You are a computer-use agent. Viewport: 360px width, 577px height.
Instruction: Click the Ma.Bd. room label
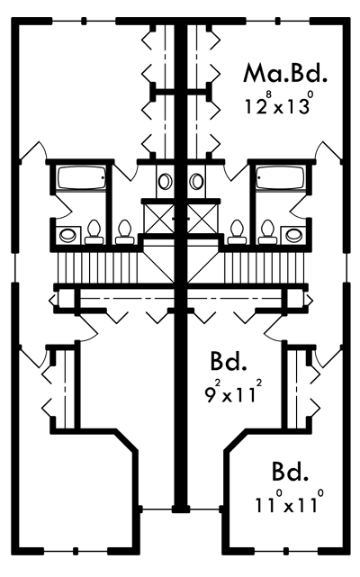pos(284,73)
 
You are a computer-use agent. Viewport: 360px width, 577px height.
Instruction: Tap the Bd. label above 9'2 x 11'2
pos(229,361)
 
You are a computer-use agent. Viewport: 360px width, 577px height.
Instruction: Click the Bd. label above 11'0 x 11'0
pos(290,472)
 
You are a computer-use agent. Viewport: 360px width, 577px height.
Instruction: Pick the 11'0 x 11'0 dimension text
pos(290,502)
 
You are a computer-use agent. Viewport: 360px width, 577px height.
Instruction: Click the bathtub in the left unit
pos(81,177)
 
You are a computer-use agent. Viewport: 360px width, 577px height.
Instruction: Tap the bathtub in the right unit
pos(281,177)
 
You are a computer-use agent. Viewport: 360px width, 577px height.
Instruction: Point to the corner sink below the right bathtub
pos(293,234)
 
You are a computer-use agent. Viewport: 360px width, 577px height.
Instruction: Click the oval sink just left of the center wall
pos(165,182)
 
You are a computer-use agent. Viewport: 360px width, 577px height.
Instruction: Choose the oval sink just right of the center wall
pos(196,182)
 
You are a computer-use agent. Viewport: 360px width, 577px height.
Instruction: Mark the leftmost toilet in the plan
pos(94,232)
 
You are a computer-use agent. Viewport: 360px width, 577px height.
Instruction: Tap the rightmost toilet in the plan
pos(267,232)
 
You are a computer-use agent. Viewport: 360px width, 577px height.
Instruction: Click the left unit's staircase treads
pos(99,267)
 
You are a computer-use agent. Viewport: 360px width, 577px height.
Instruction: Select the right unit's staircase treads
pos(264,267)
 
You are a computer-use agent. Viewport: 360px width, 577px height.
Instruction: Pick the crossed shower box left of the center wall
pos(159,219)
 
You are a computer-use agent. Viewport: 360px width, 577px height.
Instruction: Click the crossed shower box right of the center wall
pos(202,219)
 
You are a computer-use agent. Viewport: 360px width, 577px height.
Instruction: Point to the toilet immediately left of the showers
pos(124,232)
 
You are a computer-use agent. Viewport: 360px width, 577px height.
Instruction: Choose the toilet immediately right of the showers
pos(237,232)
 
